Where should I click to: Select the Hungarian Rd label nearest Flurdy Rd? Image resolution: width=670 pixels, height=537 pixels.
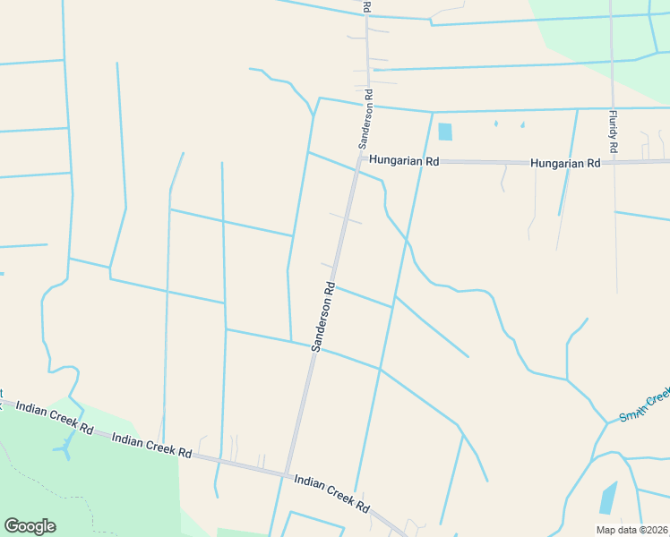564,164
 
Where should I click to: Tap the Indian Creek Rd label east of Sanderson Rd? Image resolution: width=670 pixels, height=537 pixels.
331,493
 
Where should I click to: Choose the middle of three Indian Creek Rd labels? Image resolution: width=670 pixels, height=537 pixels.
152,446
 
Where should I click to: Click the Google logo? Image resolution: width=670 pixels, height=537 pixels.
30,526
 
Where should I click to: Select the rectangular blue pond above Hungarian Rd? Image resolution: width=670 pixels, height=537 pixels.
445,132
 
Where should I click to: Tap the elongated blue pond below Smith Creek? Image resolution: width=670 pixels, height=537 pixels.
608,498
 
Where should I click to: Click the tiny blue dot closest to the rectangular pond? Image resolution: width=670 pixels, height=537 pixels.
495,124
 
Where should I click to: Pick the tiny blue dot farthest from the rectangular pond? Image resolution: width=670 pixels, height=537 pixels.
522,124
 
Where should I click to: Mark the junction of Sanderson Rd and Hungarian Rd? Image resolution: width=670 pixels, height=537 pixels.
359,161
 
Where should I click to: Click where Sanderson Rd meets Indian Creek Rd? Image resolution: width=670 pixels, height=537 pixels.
287,474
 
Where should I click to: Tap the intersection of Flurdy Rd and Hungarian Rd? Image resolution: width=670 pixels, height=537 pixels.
614,162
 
